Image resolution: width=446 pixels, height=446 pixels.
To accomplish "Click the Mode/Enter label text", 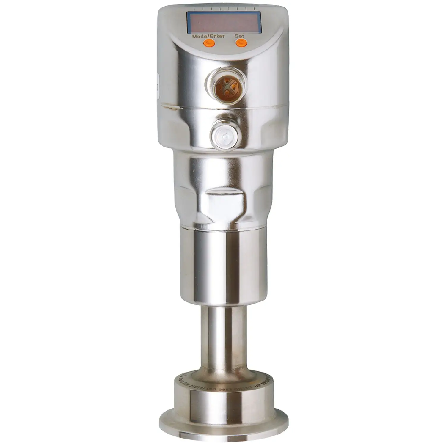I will click(208, 37).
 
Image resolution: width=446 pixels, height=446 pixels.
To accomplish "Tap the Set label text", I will click(239, 36).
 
